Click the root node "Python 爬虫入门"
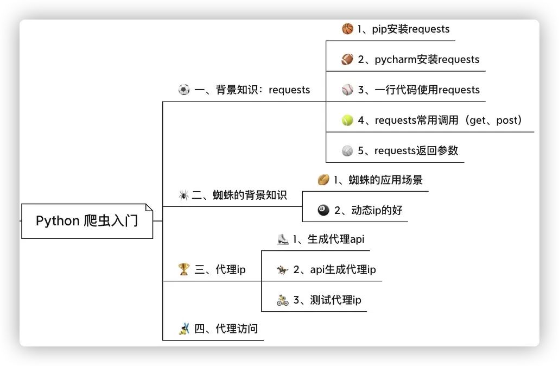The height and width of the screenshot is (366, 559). (x=87, y=221)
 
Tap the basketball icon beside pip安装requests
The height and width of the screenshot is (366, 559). (x=347, y=29)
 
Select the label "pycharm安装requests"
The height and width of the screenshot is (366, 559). (x=427, y=59)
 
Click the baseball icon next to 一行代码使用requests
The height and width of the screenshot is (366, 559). (x=347, y=90)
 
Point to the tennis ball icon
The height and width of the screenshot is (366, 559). (x=347, y=121)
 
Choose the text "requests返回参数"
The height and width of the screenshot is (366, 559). (x=416, y=150)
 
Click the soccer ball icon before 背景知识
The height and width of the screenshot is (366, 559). (x=184, y=90)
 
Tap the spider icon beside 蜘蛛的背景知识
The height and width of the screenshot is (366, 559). (x=183, y=195)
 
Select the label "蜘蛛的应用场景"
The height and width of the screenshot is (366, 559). (x=386, y=180)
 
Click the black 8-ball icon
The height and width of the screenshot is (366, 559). (x=323, y=210)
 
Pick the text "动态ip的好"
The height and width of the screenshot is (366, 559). (x=377, y=210)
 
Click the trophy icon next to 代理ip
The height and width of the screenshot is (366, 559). (x=183, y=269)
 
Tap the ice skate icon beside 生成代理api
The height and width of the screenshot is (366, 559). (x=282, y=239)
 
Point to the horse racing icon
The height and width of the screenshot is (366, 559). (x=282, y=269)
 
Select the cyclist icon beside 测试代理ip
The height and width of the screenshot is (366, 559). (x=282, y=300)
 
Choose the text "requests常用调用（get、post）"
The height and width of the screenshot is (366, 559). (x=448, y=120)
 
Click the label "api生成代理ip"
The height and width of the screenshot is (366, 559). (x=342, y=269)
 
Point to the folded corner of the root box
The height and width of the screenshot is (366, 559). (x=149, y=207)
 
